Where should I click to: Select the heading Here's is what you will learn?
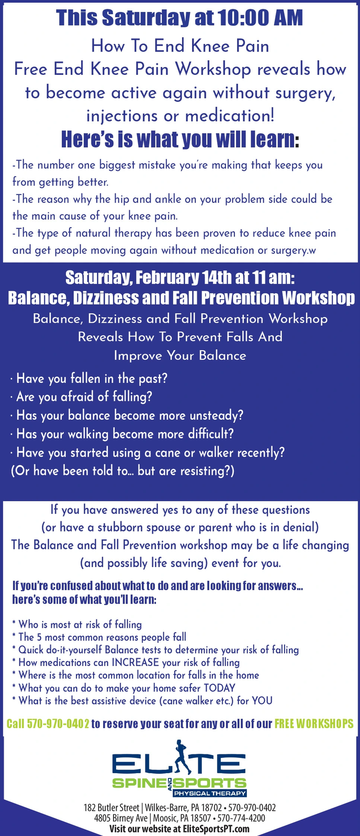point(180,140)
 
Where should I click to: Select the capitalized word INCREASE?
point(136,662)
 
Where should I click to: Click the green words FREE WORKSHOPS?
point(314,724)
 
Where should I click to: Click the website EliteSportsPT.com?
point(216,829)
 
